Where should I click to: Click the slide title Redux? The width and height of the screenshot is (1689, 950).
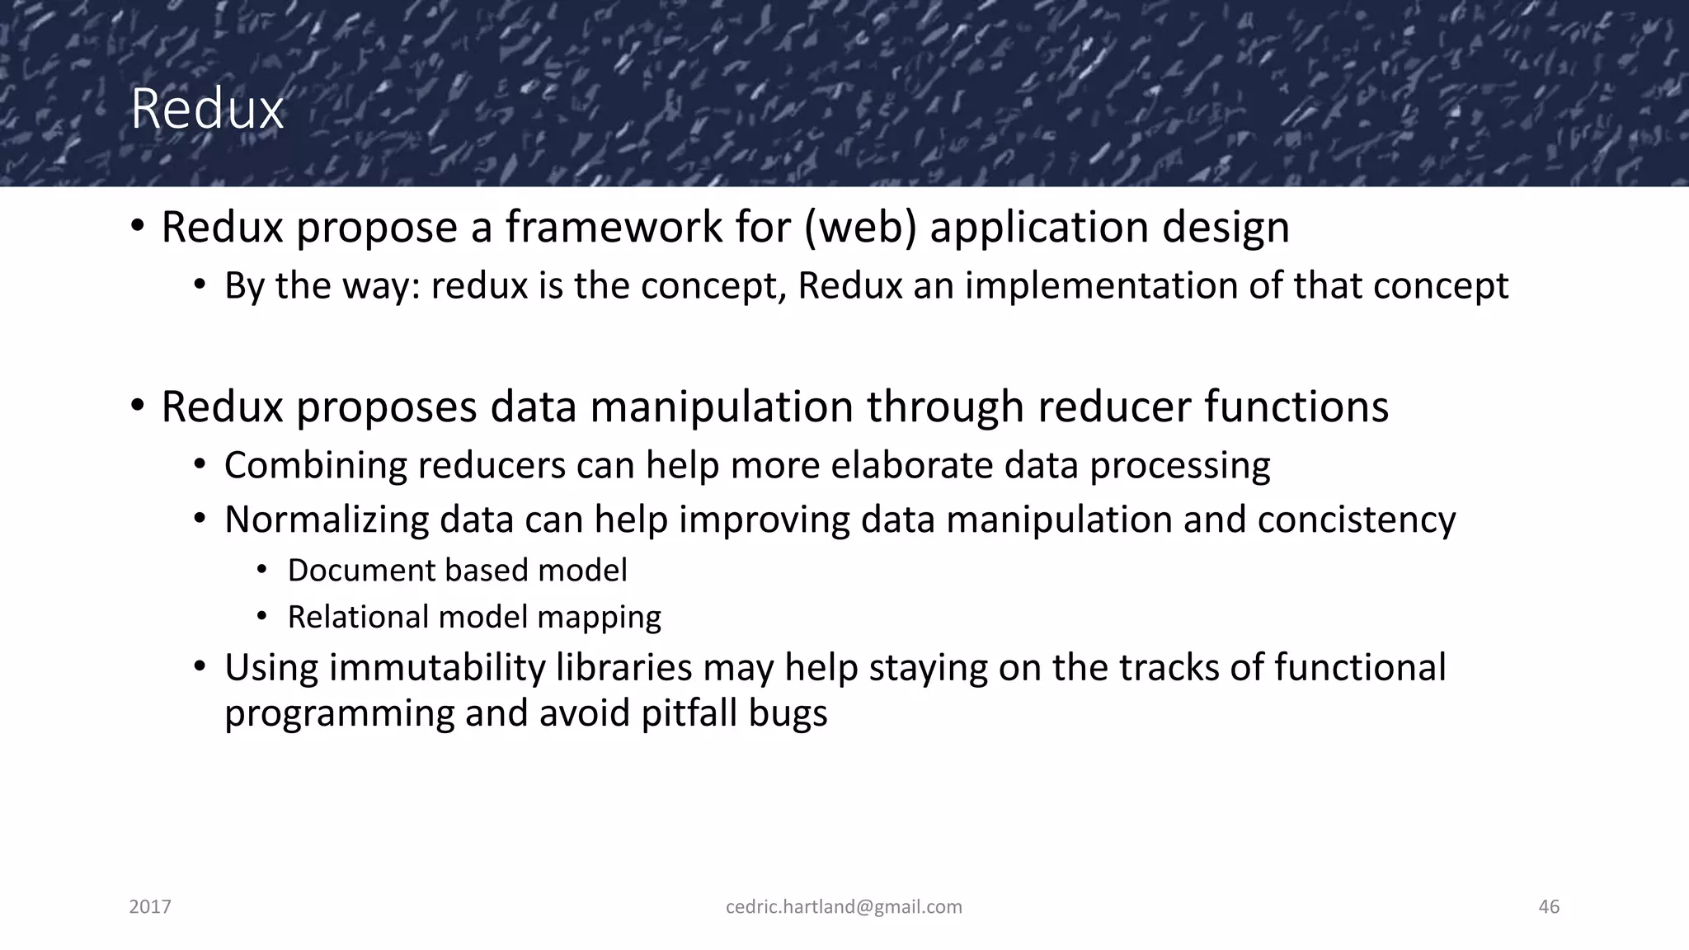tap(207, 109)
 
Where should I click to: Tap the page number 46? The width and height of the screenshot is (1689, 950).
tap(1548, 907)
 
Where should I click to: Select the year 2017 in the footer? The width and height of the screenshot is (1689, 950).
tap(150, 907)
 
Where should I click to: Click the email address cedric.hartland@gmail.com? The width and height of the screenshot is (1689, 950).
tap(844, 907)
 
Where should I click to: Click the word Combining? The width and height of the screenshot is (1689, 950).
tap(315, 466)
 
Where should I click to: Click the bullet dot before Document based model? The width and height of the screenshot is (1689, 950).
tap(262, 570)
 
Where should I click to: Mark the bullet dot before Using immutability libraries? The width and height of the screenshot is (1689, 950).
tap(199, 666)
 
